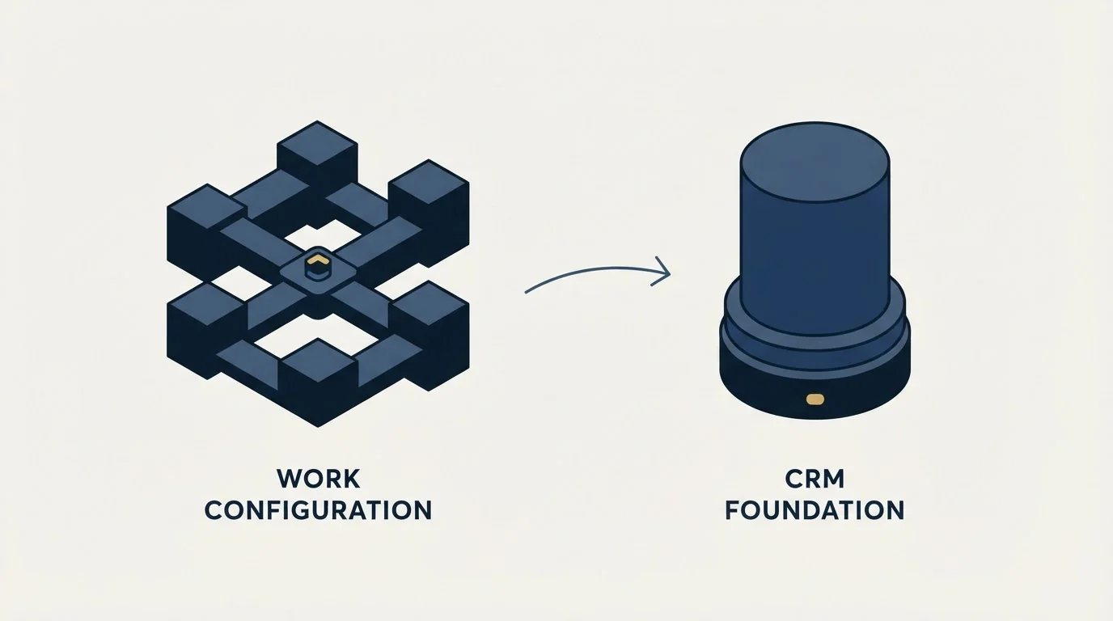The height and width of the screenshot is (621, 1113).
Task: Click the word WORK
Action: coord(319,479)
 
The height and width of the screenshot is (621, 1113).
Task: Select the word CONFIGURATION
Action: coord(319,510)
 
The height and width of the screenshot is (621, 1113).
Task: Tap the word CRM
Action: coord(815,479)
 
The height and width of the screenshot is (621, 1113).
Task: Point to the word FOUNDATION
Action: coord(815,510)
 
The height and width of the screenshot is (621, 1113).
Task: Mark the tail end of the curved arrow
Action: coord(526,293)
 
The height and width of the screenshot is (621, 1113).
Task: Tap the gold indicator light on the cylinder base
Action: coord(815,399)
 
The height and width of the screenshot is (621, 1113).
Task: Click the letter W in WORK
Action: coord(290,479)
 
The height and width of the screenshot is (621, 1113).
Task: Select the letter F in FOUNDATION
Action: coord(733,510)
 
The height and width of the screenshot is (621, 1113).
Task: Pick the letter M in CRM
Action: coord(833,479)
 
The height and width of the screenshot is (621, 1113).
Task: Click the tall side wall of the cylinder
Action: coord(815,264)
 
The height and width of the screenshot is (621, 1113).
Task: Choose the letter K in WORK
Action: coord(351,479)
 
